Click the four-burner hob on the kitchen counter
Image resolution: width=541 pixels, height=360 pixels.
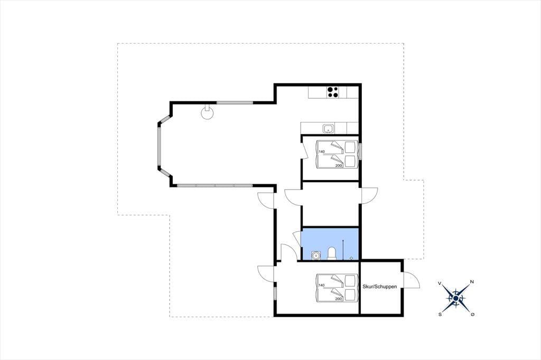tap(333, 92)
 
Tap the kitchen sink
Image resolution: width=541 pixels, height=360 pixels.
tap(328, 129)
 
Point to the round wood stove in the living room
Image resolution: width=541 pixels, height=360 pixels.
tap(207, 112)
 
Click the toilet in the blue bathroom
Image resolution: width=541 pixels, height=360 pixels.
tap(332, 253)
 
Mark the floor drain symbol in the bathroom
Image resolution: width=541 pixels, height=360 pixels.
tap(351, 258)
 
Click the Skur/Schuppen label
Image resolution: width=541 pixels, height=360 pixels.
tap(379, 287)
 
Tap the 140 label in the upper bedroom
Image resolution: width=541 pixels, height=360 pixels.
tap(322, 151)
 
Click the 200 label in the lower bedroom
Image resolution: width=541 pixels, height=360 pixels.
tap(338, 299)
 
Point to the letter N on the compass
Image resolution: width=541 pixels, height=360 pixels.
tap(472, 282)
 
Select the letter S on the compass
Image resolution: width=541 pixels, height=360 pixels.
tap(440, 314)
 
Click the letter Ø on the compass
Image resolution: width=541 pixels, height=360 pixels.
tap(472, 314)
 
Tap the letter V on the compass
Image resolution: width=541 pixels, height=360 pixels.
tap(440, 283)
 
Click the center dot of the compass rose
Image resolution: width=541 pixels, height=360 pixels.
tap(456, 298)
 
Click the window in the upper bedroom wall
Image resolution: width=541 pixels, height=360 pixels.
tap(360, 151)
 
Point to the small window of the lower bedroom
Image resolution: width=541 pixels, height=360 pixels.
tap(275, 293)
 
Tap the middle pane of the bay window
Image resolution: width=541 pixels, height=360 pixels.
tap(159, 147)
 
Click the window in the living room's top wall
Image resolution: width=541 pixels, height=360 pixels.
tap(235, 102)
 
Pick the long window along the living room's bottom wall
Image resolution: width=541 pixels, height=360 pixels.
tap(215, 185)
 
